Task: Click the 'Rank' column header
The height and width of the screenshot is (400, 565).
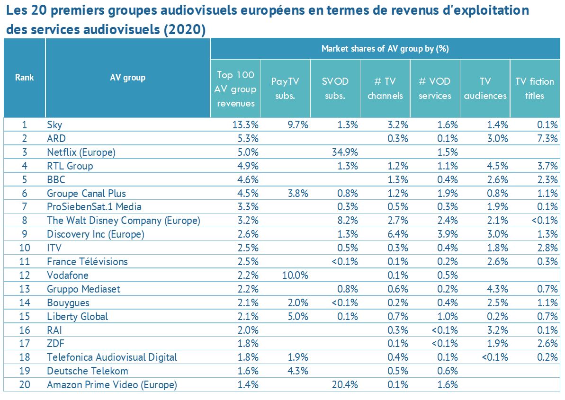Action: point(24,77)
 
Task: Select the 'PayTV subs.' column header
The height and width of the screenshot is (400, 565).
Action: point(285,88)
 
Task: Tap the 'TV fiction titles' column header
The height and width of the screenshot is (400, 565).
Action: point(535,88)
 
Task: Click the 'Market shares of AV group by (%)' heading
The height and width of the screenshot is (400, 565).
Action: point(385,48)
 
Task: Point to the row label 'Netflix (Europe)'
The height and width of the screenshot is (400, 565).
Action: point(81,152)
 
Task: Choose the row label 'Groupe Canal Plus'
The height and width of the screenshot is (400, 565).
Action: point(86,193)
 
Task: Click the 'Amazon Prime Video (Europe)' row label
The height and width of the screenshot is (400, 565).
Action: point(112,385)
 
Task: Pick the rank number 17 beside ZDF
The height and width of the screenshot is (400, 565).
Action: point(24,344)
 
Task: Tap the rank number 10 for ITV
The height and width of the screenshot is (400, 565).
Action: point(24,248)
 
